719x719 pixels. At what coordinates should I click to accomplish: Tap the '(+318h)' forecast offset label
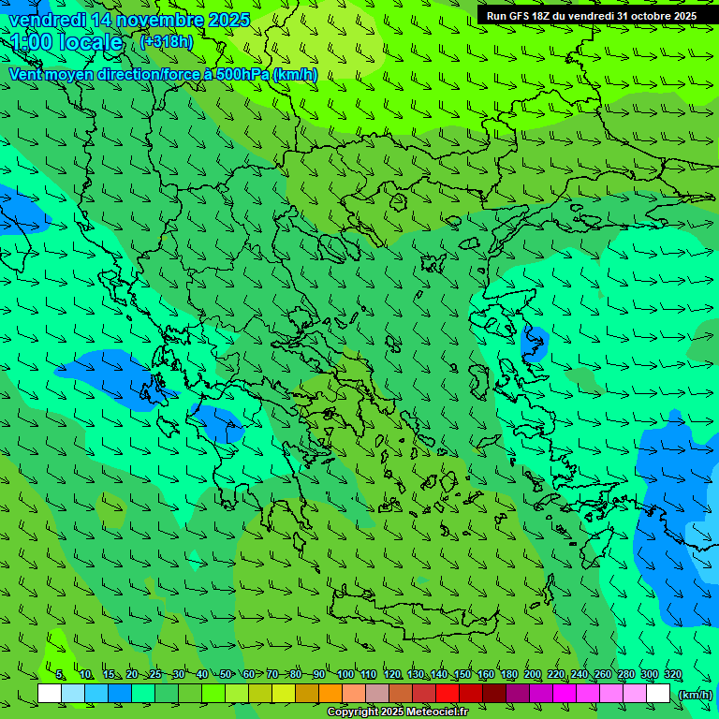pos(167,41)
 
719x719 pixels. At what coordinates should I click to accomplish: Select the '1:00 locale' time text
pos(66,42)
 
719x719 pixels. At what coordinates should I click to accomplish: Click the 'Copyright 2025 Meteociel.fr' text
pos(397,712)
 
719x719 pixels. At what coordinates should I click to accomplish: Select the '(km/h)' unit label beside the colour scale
pos(695,694)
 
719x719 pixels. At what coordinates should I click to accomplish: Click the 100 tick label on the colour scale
pos(345,675)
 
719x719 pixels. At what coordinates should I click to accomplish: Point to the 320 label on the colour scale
pos(673,675)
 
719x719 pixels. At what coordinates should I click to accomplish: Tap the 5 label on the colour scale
pos(60,675)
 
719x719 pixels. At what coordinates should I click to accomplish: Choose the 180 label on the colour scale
pos(509,675)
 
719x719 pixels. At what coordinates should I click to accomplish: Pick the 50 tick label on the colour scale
pos(226,675)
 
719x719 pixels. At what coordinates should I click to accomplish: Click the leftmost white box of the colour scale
pos(50,694)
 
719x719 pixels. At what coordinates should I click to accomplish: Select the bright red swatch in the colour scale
pos(448,694)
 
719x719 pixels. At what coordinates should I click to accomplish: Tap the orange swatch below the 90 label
pos(330,694)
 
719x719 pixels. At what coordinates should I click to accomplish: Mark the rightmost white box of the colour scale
pos(658,694)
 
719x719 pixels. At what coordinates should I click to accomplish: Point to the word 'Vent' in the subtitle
pos(25,74)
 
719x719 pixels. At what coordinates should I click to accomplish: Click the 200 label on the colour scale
pos(533,675)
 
